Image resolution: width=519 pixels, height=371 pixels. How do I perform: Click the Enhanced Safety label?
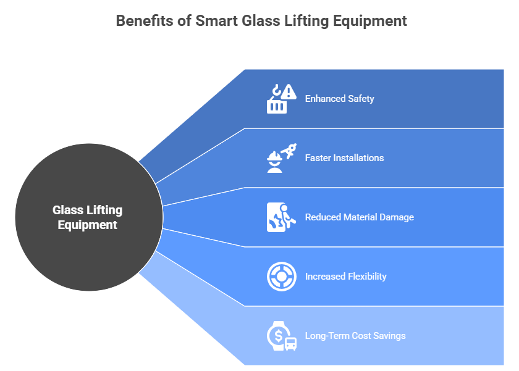(339, 99)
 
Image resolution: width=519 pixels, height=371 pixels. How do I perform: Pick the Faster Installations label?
(344, 158)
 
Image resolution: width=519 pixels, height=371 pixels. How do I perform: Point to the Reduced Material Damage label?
(359, 217)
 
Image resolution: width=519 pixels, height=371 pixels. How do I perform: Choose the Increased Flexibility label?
(345, 277)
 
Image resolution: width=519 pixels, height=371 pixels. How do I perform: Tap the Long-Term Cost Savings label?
(355, 336)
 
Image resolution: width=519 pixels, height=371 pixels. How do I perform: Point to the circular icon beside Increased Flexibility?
(281, 277)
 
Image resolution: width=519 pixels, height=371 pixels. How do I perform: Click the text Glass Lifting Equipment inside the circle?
(88, 218)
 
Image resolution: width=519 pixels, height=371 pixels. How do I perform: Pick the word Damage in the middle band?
(395, 217)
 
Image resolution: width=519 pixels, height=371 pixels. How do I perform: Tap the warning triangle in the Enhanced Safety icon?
(289, 93)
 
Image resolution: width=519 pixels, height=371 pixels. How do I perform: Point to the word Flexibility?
(366, 277)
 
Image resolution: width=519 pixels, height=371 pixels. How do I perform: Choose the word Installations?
(358, 158)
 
